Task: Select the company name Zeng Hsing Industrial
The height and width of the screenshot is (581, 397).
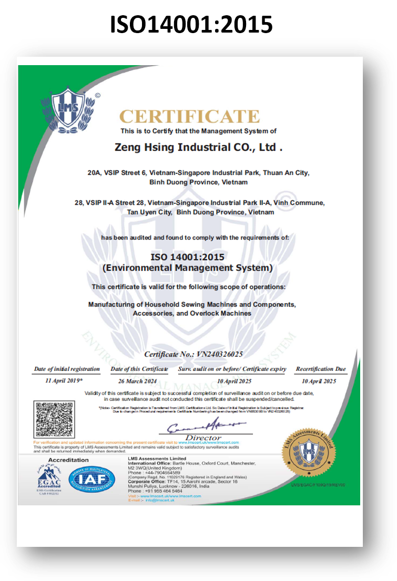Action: coord(198,148)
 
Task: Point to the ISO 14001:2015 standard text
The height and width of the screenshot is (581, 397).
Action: coord(187,257)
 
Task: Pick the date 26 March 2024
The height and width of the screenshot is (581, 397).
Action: coord(138,380)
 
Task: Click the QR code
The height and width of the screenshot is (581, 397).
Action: coord(52,419)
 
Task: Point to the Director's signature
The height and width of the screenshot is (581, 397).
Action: coord(202,426)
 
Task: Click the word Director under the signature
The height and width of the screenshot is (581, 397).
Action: coord(203,438)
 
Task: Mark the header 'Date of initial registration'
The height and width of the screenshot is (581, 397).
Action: coord(67,369)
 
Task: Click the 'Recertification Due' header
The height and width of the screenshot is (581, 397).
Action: coord(321,369)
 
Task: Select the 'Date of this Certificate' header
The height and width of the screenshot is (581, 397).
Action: coord(139,369)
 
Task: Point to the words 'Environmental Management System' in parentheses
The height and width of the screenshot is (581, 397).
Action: coord(187,268)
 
